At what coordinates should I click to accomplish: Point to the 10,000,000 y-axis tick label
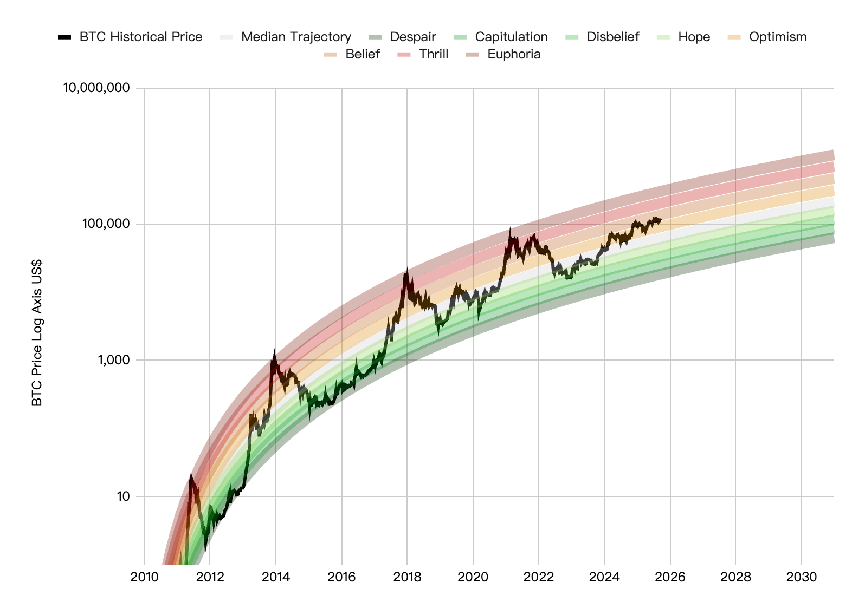coord(96,88)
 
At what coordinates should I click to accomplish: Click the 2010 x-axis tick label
coord(145,577)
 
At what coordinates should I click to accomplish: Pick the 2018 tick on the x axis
coord(407,577)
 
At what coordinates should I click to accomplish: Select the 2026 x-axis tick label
coord(670,577)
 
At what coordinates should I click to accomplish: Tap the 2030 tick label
coord(801,577)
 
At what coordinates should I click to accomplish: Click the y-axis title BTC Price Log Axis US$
coord(37,332)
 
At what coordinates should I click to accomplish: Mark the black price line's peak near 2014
coord(274,352)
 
